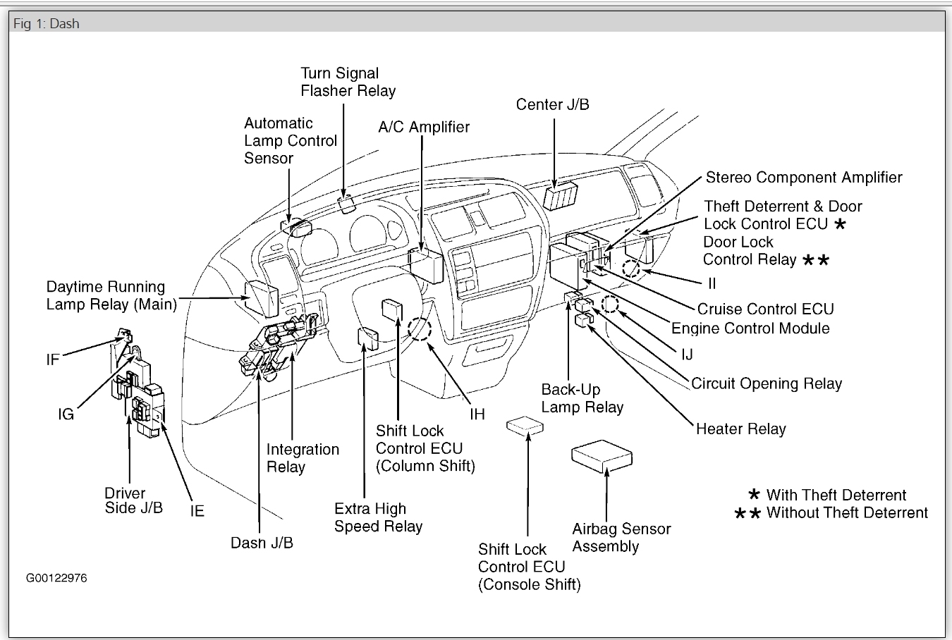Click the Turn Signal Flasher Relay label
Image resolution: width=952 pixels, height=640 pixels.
348,82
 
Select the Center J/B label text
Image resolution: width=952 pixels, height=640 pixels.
552,104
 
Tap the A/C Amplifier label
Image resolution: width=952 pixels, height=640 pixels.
423,127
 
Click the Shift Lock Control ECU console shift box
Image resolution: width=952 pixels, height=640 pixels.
525,426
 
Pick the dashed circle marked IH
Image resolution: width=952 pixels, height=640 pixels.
419,328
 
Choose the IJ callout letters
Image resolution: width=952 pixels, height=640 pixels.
686,355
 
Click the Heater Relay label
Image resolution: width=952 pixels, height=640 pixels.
740,429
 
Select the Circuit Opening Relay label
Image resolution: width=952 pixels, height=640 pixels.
767,383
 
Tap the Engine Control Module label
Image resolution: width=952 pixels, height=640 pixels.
750,328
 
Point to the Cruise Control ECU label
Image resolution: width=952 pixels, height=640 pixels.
765,309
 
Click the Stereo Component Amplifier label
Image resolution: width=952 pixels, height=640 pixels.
804,178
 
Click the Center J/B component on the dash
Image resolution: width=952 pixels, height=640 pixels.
561,195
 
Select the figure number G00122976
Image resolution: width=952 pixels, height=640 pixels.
56,578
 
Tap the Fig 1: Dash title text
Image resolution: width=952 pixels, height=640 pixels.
47,23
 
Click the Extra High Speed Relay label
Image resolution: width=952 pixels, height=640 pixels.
378,517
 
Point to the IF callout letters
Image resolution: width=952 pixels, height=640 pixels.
53,360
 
